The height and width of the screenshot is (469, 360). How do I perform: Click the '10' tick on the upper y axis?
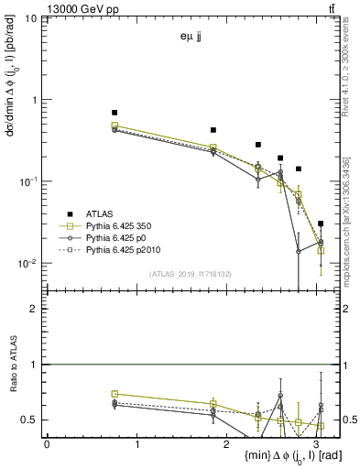coord(30,19)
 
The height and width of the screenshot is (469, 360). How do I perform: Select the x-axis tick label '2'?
coord(227,444)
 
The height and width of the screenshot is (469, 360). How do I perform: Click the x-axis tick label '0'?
coord(47,444)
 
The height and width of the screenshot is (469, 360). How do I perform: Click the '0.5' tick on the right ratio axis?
coord(349,420)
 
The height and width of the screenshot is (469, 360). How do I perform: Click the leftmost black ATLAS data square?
coord(115,112)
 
